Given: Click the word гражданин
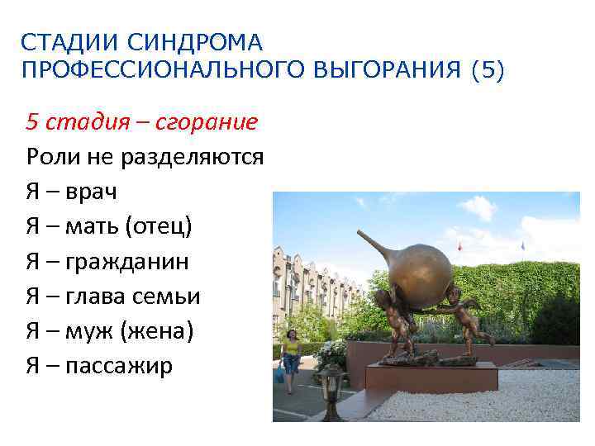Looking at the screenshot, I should tap(123, 262).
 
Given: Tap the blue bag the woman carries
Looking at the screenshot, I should tap(281, 377).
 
